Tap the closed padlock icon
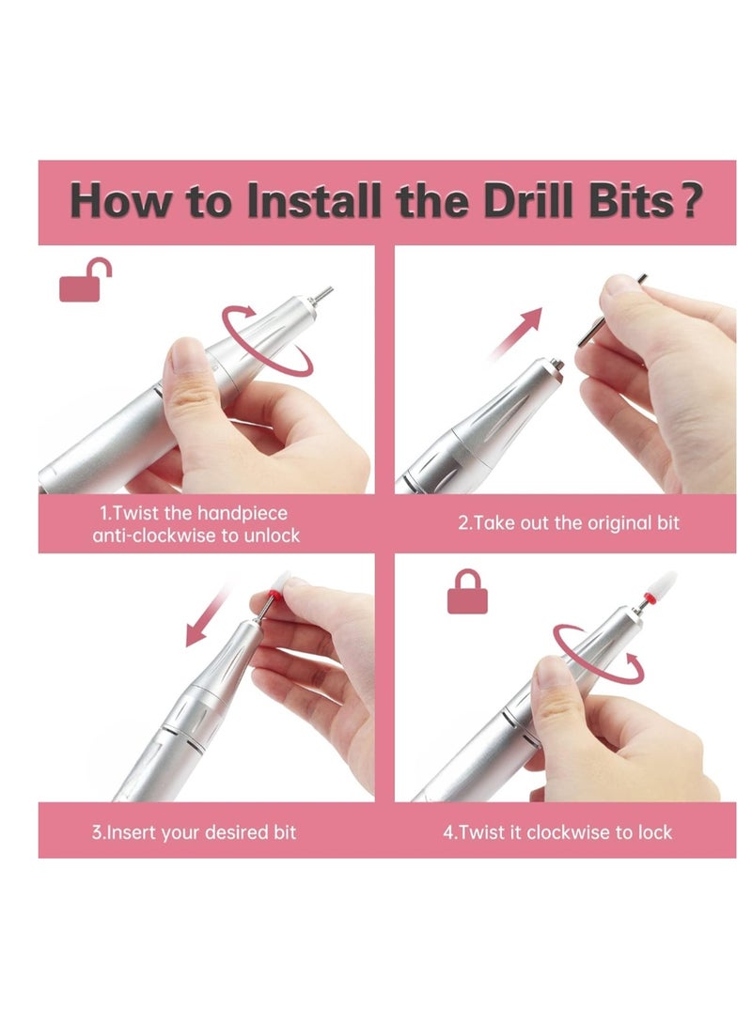[467, 591]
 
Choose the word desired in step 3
[235, 832]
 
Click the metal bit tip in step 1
[321, 294]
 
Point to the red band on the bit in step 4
[650, 597]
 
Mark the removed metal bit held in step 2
[609, 313]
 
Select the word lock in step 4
[655, 832]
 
